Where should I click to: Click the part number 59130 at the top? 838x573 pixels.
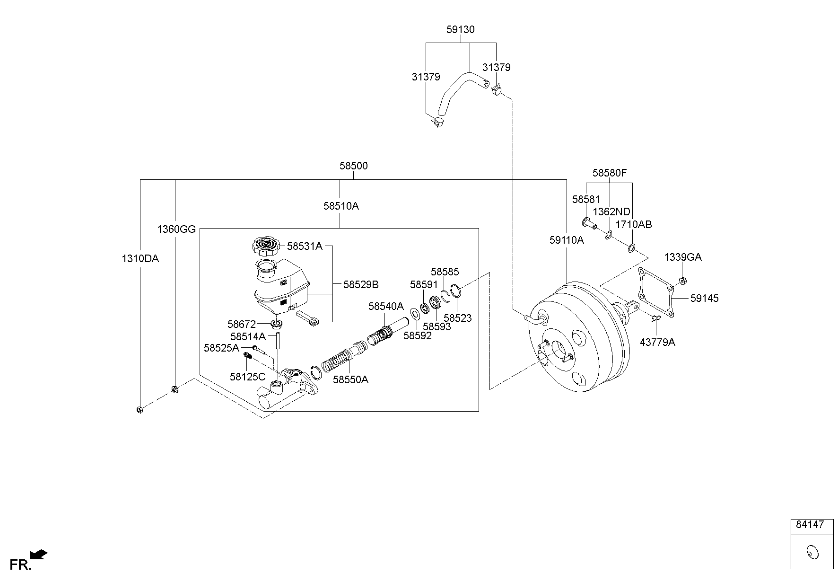pos(460,29)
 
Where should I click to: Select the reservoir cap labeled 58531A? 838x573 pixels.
pos(265,246)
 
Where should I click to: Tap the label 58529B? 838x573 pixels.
pos(361,284)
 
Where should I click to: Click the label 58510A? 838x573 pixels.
pos(341,206)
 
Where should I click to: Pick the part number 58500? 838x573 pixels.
pos(353,166)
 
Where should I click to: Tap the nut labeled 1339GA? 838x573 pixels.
pos(682,281)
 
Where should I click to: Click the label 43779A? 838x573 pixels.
pos(657,342)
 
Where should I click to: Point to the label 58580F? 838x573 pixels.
pos(609,173)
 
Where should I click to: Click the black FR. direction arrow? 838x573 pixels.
pos(39,554)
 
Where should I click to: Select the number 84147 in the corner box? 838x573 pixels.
pos(810,524)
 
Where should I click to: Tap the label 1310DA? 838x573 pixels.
pos(140,258)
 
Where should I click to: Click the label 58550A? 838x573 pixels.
pos(350,379)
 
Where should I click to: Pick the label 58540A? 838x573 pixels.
pos(386,306)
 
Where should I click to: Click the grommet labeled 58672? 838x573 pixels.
pos(276,324)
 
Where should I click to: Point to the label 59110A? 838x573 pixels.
pos(567,240)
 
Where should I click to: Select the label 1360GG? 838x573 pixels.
pos(176,229)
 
